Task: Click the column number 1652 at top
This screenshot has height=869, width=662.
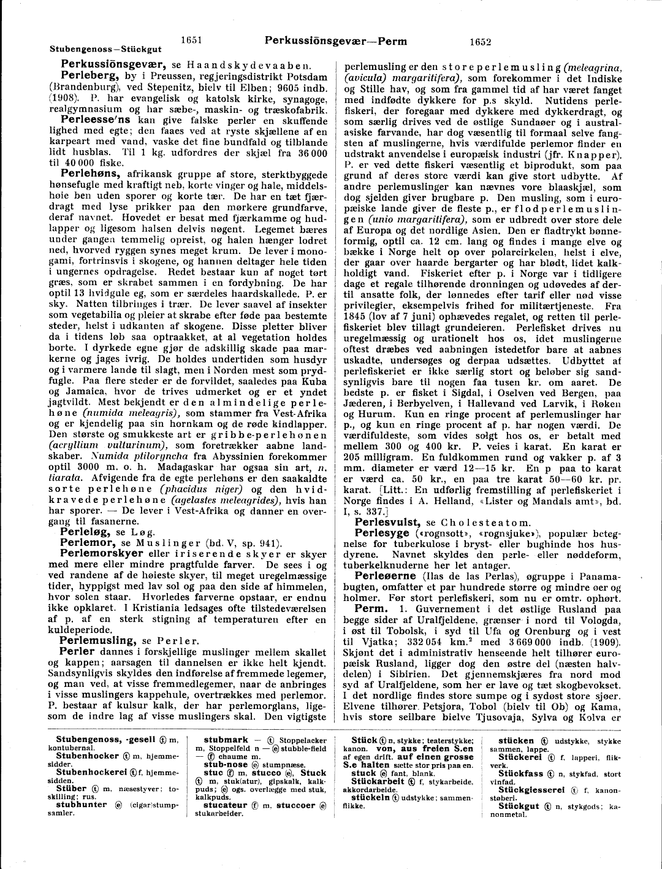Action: pyautogui.click(x=480, y=42)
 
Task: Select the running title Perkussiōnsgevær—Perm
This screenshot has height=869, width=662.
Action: pyautogui.click(x=335, y=41)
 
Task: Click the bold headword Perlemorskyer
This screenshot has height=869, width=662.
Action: pyautogui.click(x=101, y=554)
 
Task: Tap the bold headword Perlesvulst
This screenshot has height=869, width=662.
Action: pyautogui.click(x=387, y=523)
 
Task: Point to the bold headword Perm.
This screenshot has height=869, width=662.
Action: pyautogui.click(x=371, y=609)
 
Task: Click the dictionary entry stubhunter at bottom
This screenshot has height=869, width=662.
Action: pyautogui.click(x=81, y=805)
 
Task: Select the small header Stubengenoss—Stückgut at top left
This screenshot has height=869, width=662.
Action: pyautogui.click(x=105, y=50)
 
